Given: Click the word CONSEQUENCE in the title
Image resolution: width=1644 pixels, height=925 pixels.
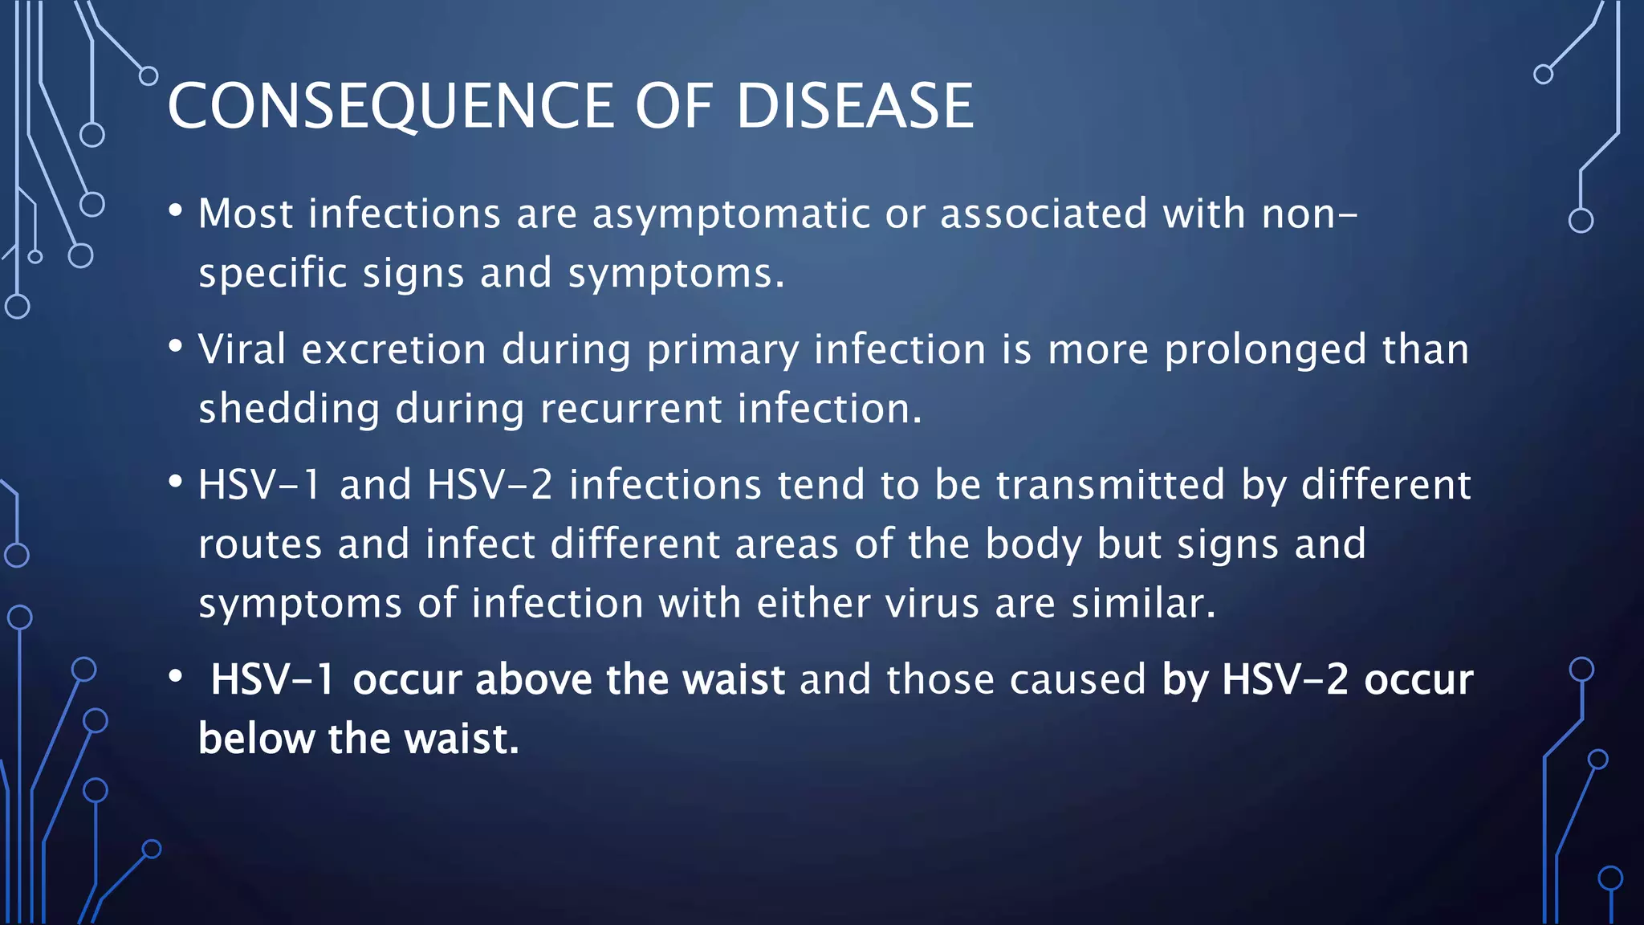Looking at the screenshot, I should [390, 106].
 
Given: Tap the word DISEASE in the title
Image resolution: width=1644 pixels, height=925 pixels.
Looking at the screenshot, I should [854, 106].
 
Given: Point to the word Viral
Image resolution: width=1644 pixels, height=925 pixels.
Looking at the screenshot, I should [242, 350].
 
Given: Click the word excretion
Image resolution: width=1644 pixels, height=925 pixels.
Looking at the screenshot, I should [393, 350].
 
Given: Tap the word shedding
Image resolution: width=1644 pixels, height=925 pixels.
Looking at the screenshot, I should [289, 409].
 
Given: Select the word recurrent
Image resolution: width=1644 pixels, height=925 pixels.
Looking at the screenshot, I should [631, 409].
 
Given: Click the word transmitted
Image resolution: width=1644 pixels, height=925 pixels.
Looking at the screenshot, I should [1110, 485].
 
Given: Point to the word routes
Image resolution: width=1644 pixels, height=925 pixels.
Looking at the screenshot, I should [260, 544].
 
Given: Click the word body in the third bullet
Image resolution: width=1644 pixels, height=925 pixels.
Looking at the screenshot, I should [1033, 544].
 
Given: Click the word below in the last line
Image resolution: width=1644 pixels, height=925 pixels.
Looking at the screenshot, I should [256, 739].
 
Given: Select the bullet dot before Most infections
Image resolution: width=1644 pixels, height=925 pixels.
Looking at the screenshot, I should [176, 211].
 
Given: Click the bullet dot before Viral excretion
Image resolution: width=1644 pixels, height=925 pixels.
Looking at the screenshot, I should [176, 347].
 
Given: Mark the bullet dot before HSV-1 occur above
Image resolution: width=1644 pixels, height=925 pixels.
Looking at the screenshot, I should [176, 677].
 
